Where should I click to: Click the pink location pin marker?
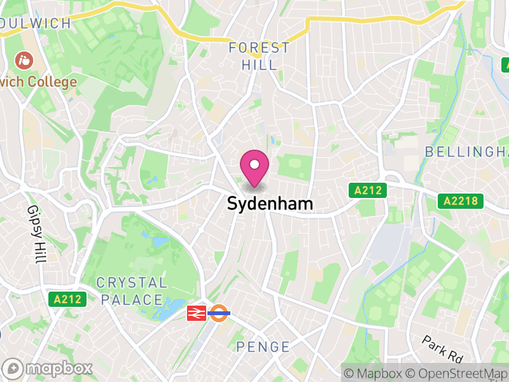coord(254,167)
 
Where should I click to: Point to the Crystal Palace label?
coord(131,291)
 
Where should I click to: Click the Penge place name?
coord(263,347)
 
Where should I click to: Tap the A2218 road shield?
coord(461,202)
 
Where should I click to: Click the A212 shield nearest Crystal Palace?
coord(67,299)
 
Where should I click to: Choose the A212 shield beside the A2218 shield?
coord(367,190)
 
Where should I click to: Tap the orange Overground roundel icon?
coord(220,313)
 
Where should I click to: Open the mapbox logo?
coord(48,368)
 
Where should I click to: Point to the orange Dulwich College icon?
coord(24,61)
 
